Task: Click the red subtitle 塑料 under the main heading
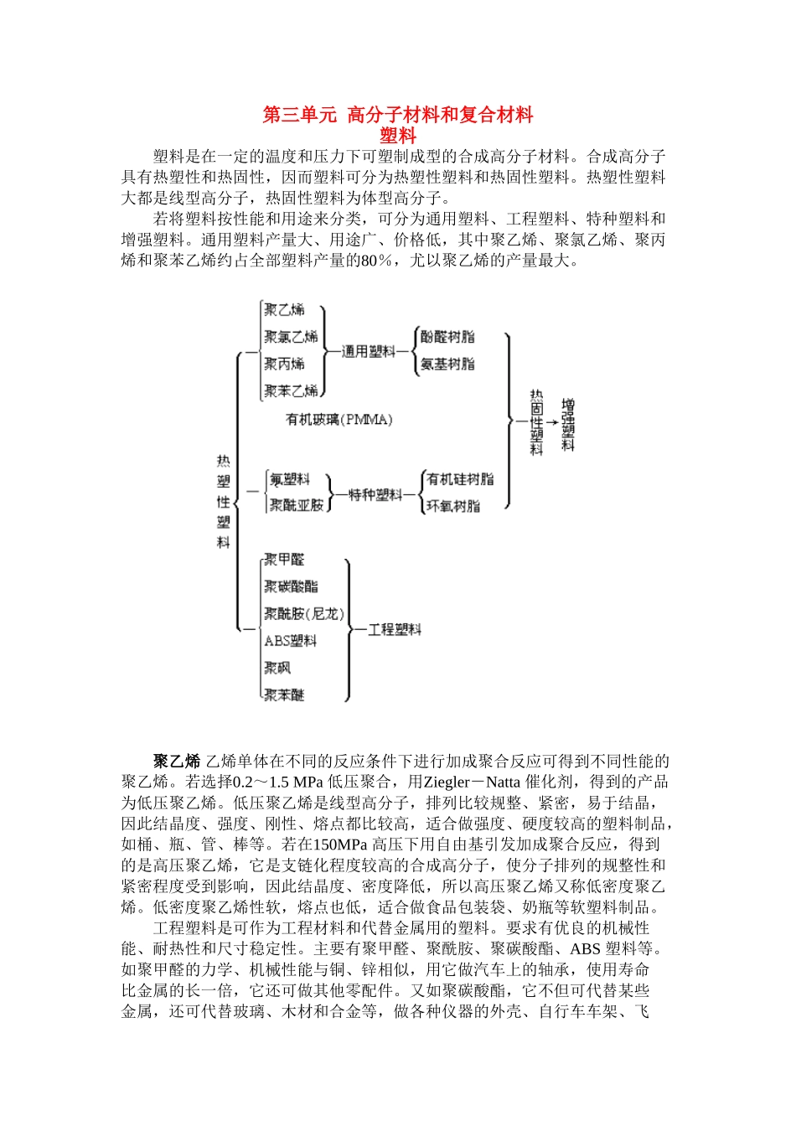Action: tap(398, 135)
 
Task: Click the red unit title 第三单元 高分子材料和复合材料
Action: tap(398, 115)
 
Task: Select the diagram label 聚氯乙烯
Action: tap(291, 337)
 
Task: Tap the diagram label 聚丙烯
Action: tap(284, 364)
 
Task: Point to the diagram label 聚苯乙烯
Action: tap(291, 390)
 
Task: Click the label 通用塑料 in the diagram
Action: tap(369, 351)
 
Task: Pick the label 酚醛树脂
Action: tap(447, 337)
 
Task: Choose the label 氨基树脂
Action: tap(447, 364)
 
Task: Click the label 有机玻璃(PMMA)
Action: tap(339, 419)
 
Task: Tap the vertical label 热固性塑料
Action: tap(536, 422)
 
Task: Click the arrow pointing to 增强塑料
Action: tap(551, 422)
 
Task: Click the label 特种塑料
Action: tap(375, 495)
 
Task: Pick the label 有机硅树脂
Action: tap(460, 479)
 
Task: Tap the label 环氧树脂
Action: tap(453, 506)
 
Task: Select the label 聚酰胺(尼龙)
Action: tap(303, 613)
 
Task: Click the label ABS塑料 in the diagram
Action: tap(290, 641)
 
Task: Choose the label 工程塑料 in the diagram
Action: tap(395, 629)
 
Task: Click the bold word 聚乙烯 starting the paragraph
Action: tap(177, 761)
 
